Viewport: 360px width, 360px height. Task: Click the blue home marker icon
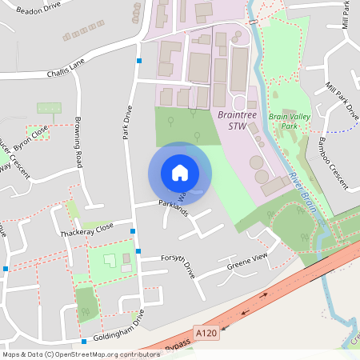tap(179, 173)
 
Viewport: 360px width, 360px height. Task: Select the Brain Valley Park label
tap(288, 122)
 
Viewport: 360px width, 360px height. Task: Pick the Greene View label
tap(246, 261)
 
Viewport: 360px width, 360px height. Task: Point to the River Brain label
tap(304, 191)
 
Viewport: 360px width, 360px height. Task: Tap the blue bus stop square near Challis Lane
tap(139, 61)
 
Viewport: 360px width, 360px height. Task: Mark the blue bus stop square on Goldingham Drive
tap(83, 340)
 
